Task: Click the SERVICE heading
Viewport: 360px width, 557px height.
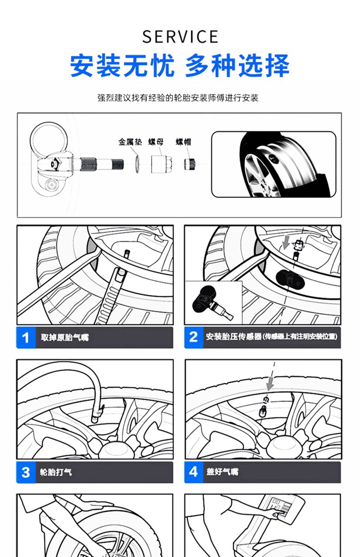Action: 180,36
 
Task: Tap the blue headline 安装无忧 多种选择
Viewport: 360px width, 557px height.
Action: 180,66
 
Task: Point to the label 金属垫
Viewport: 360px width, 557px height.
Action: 130,142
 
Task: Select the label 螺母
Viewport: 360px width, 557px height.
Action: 156,142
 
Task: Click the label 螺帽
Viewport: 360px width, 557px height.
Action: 183,142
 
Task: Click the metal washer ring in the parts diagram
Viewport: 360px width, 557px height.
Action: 137,164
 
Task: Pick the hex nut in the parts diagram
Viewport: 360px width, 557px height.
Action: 161,164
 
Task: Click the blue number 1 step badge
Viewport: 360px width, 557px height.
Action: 26,338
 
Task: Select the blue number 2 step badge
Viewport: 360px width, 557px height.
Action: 194,338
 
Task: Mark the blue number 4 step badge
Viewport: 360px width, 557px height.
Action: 194,472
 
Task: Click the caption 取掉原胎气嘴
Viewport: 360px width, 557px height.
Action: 65,338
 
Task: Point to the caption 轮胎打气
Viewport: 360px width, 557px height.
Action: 56,472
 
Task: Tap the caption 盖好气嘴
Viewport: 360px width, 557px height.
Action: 222,472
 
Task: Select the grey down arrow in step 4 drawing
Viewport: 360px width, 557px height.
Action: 270,383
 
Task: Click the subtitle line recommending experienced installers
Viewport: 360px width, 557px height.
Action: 178,98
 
